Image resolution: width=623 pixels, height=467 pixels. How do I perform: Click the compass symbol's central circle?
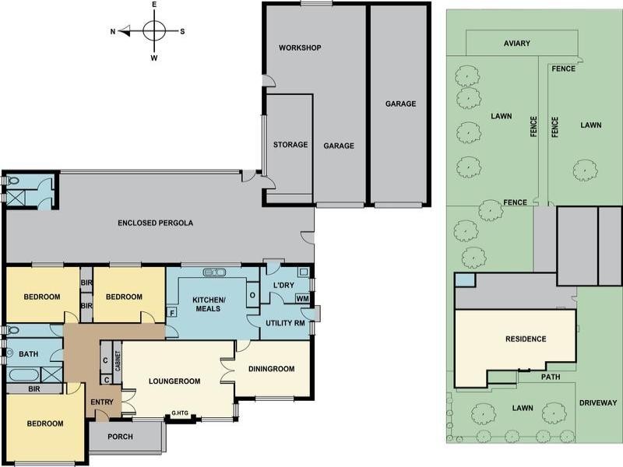pyautogui.click(x=154, y=30)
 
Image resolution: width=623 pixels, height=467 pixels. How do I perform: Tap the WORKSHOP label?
pyautogui.click(x=300, y=47)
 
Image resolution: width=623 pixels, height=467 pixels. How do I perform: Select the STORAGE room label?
pyautogui.click(x=290, y=145)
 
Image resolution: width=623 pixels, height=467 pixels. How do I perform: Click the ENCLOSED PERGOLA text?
pyautogui.click(x=155, y=223)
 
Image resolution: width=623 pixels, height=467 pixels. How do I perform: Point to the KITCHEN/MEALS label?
pyautogui.click(x=209, y=304)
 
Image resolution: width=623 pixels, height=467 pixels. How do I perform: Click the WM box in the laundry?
pyautogui.click(x=302, y=299)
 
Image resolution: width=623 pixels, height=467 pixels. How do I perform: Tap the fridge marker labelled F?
pyautogui.click(x=172, y=313)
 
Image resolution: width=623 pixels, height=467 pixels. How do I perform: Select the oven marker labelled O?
pyautogui.click(x=252, y=295)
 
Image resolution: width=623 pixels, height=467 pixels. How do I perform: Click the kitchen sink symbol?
pyautogui.click(x=215, y=272)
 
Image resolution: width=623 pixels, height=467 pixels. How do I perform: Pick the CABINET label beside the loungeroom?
pyautogui.click(x=118, y=360)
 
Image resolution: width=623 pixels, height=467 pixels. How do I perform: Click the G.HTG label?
pyautogui.click(x=180, y=413)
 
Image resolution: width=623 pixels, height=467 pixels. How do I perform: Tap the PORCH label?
pyautogui.click(x=121, y=437)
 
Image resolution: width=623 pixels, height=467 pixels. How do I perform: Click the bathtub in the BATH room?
pyautogui.click(x=23, y=375)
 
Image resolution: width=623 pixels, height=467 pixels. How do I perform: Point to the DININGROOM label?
pyautogui.click(x=272, y=368)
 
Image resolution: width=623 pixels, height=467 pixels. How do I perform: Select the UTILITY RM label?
pyautogui.click(x=285, y=323)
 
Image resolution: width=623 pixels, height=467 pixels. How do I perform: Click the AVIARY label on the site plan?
pyautogui.click(x=517, y=44)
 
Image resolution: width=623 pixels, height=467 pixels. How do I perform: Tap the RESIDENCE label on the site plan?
pyautogui.click(x=526, y=339)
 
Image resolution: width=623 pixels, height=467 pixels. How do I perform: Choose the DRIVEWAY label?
pyautogui.click(x=599, y=402)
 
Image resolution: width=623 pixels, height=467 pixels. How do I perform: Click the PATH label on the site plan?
pyautogui.click(x=551, y=377)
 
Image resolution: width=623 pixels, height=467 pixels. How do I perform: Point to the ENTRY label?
pyautogui.click(x=102, y=402)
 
